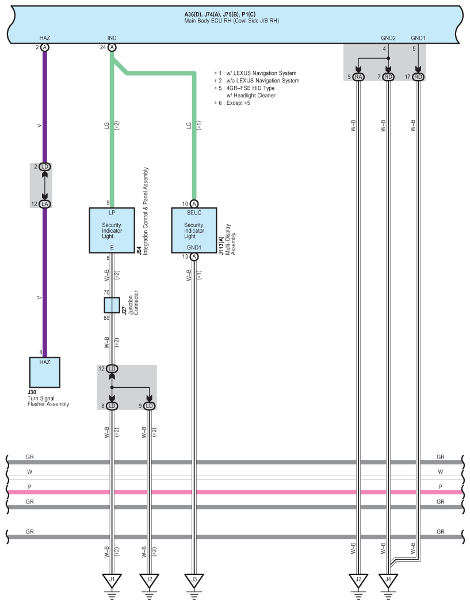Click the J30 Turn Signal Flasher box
tap(45, 373)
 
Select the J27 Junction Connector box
tap(112, 304)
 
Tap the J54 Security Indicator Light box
tap(112, 230)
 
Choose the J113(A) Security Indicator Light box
tap(194, 230)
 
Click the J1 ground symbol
tap(112, 580)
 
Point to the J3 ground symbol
tap(194, 580)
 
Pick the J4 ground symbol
tap(388, 580)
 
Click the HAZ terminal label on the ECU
tap(45, 38)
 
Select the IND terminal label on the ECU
tap(112, 38)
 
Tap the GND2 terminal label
tap(388, 38)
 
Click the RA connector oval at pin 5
tap(358, 77)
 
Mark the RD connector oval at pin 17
tap(418, 77)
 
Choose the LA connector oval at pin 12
tap(45, 203)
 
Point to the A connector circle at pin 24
tap(112, 47)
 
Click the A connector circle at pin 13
tap(194, 257)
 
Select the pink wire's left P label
tap(30, 487)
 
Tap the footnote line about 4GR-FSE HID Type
tap(244, 88)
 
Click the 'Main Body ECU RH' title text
tap(236, 20)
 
